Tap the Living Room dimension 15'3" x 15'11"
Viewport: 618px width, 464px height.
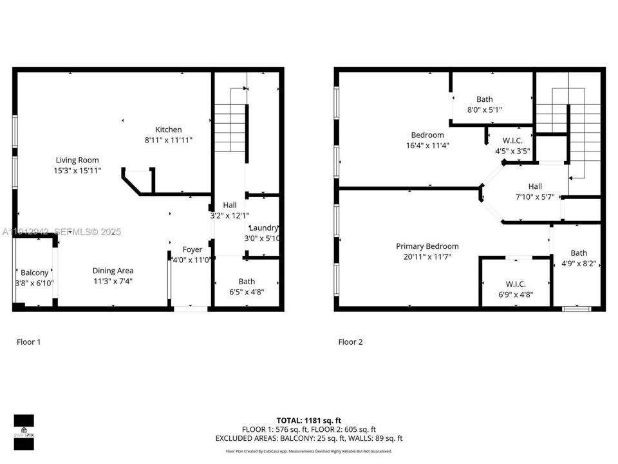[x=77, y=171]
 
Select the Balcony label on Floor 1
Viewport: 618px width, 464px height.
[x=34, y=273]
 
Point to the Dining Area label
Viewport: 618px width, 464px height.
[x=113, y=271]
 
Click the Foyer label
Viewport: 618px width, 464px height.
[x=192, y=249]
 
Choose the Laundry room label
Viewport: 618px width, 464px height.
[x=263, y=227]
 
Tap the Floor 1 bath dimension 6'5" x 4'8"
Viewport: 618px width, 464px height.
[x=247, y=291]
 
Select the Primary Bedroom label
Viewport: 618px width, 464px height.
[x=427, y=246]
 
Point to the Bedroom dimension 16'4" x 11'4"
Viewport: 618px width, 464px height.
[x=427, y=146]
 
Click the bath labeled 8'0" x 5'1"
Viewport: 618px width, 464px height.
[x=485, y=99]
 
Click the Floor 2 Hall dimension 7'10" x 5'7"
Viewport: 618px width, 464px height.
[x=535, y=197]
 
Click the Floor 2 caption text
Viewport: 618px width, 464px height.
[x=350, y=342]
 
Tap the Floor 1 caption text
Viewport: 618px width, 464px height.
[x=28, y=342]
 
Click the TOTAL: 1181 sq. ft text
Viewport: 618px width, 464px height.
[x=309, y=420]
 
